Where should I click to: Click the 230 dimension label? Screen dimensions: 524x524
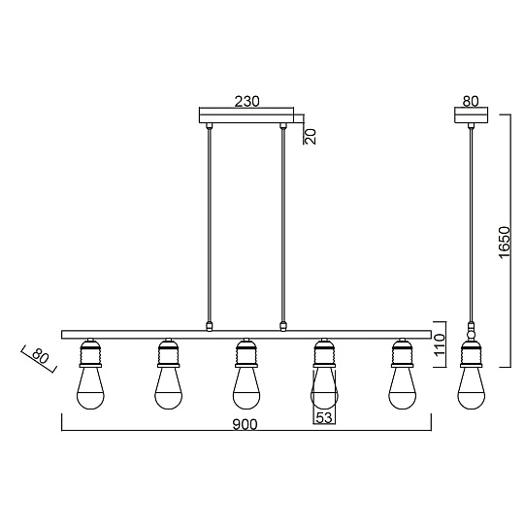pos(246,101)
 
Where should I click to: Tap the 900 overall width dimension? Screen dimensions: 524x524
pos(245,424)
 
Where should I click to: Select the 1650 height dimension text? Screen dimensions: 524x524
pos(505,243)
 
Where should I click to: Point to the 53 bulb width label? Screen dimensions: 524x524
pos(324,417)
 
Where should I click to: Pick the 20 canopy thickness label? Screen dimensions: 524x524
pos(311,137)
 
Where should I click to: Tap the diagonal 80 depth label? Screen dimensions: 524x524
pos(41,357)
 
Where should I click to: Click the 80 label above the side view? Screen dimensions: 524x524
pos(471,101)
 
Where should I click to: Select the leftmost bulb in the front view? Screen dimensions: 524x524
pos(90,389)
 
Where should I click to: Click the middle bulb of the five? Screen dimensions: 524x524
pos(246,389)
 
